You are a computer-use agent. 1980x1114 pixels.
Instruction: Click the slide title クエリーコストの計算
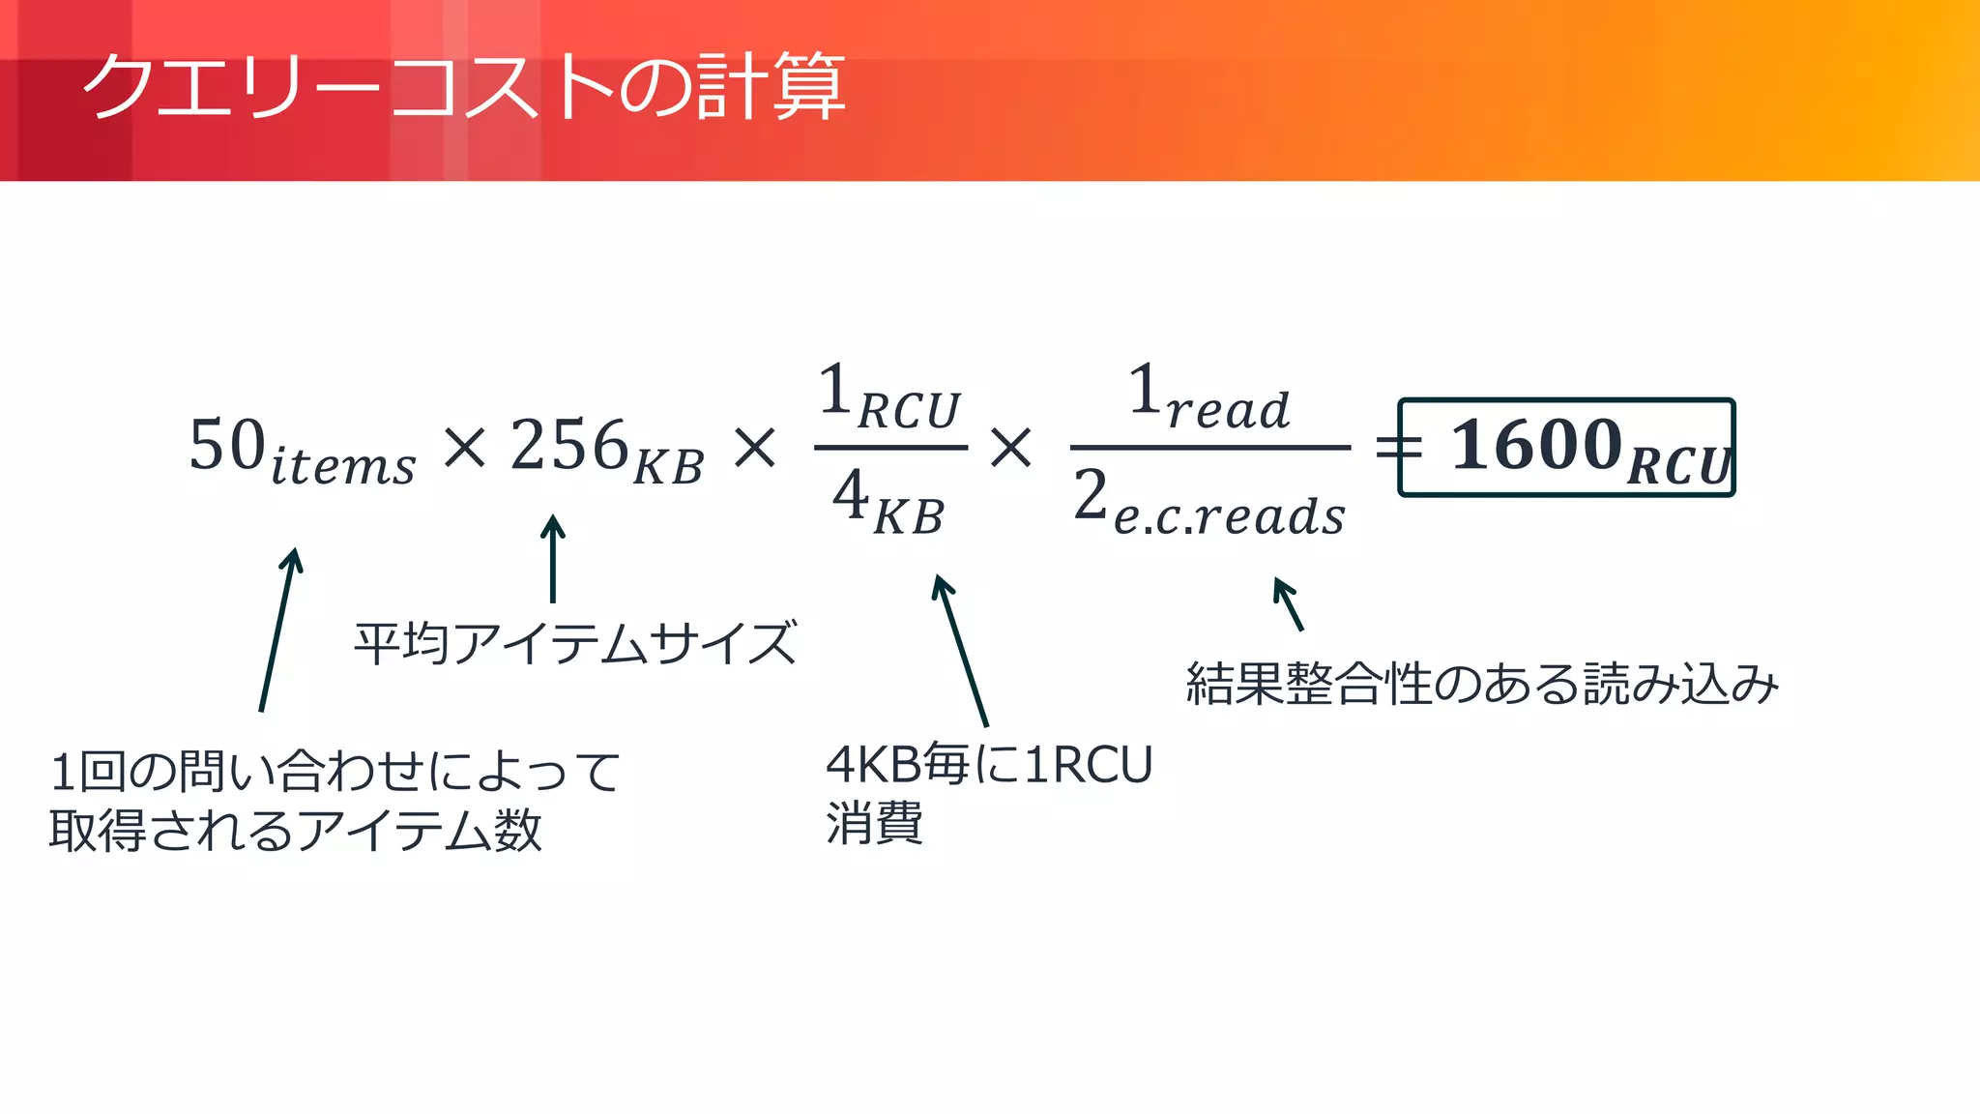point(464,87)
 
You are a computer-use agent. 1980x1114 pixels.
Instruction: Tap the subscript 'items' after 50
point(343,466)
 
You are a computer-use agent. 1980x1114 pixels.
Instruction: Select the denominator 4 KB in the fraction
point(888,501)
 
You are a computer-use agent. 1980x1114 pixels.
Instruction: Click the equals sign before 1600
point(1398,448)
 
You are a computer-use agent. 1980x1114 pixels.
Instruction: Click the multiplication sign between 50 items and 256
point(464,448)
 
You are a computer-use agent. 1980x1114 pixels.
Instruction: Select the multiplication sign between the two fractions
point(1011,448)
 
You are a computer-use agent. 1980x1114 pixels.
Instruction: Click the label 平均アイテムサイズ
point(575,643)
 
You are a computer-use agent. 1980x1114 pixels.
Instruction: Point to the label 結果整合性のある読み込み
point(1481,684)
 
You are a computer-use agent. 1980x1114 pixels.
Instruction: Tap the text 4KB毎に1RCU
point(988,764)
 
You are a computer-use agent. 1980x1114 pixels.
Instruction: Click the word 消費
point(874,824)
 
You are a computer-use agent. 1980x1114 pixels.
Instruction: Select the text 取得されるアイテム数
point(295,830)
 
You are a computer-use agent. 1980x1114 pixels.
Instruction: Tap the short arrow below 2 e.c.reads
point(1289,604)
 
